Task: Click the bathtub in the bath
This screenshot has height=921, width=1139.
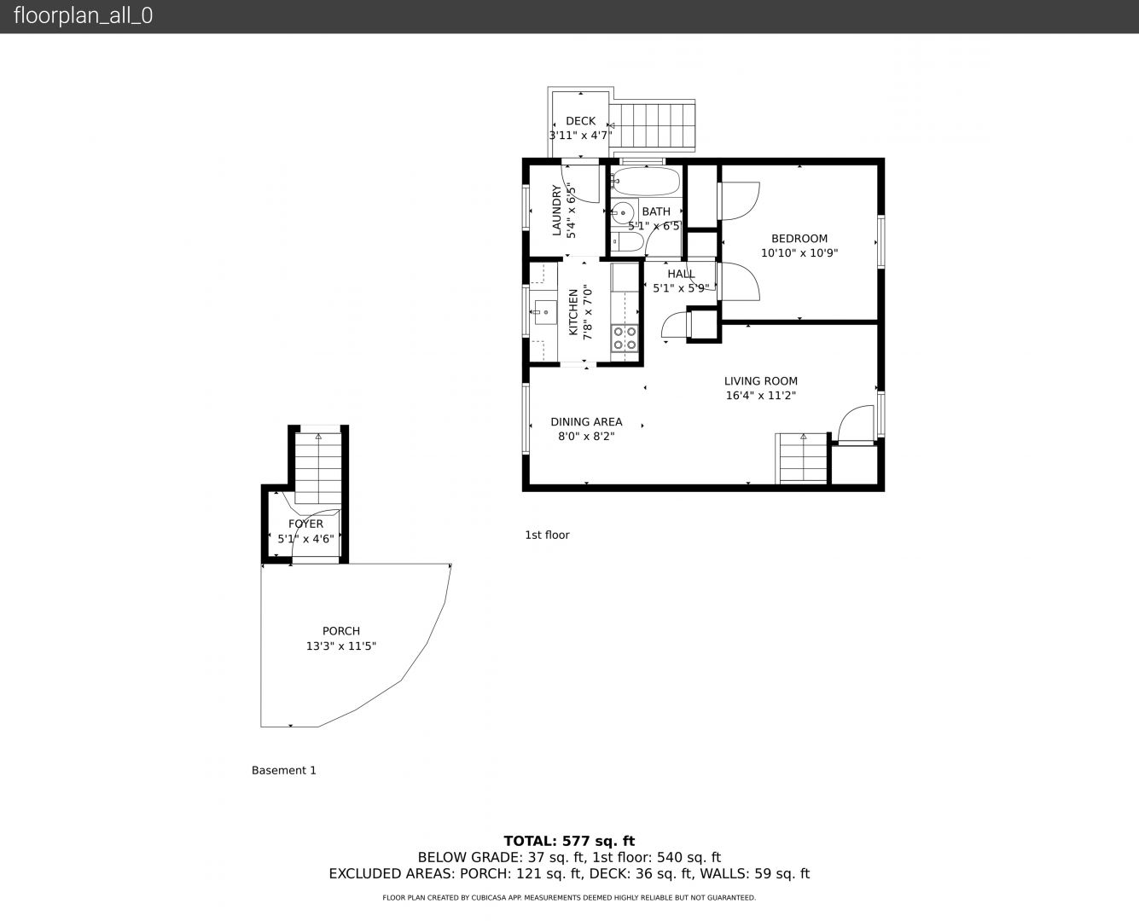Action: pos(645,182)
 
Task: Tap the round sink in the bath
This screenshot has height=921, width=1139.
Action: pos(623,212)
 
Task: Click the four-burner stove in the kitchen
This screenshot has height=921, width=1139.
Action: pos(625,338)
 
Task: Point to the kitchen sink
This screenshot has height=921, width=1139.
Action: pos(544,312)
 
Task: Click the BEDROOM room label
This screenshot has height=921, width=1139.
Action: pos(799,239)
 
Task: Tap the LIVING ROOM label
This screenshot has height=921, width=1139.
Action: pos(760,381)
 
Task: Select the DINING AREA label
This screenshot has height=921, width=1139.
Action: pos(586,422)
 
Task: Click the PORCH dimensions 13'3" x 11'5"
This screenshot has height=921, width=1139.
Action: pos(340,646)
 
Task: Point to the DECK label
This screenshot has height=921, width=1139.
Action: pos(580,121)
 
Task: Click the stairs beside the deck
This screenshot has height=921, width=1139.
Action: pos(652,125)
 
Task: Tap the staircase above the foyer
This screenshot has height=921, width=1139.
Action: pos(318,467)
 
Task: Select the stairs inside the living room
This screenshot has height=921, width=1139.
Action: pos(801,458)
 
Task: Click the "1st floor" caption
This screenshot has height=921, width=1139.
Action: pos(547,535)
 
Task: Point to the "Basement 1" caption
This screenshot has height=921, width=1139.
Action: pos(284,770)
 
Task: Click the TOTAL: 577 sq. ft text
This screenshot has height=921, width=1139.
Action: pos(569,841)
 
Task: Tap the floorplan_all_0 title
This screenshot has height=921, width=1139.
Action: pos(84,15)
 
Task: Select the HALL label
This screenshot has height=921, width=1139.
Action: pos(681,274)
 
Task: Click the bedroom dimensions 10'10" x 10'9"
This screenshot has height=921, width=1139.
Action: pos(799,252)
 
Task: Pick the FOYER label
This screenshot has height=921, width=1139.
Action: pos(305,524)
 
